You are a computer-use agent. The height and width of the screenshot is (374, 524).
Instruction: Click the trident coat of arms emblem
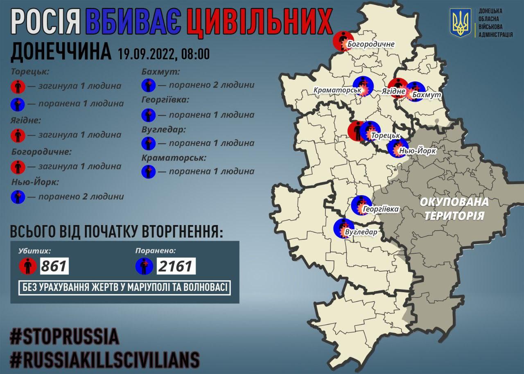point(461,23)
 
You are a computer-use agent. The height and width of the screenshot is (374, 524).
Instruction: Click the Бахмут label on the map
point(427,95)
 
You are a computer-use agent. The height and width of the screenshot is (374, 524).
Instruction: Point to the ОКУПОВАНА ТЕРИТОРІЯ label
point(454,208)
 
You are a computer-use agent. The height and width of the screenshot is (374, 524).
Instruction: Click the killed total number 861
point(54,266)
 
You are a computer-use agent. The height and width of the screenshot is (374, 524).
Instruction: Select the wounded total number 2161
point(175,266)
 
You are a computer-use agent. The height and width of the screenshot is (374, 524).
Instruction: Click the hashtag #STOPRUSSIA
point(65,336)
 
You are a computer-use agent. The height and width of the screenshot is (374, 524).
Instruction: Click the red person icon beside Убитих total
point(27,267)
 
